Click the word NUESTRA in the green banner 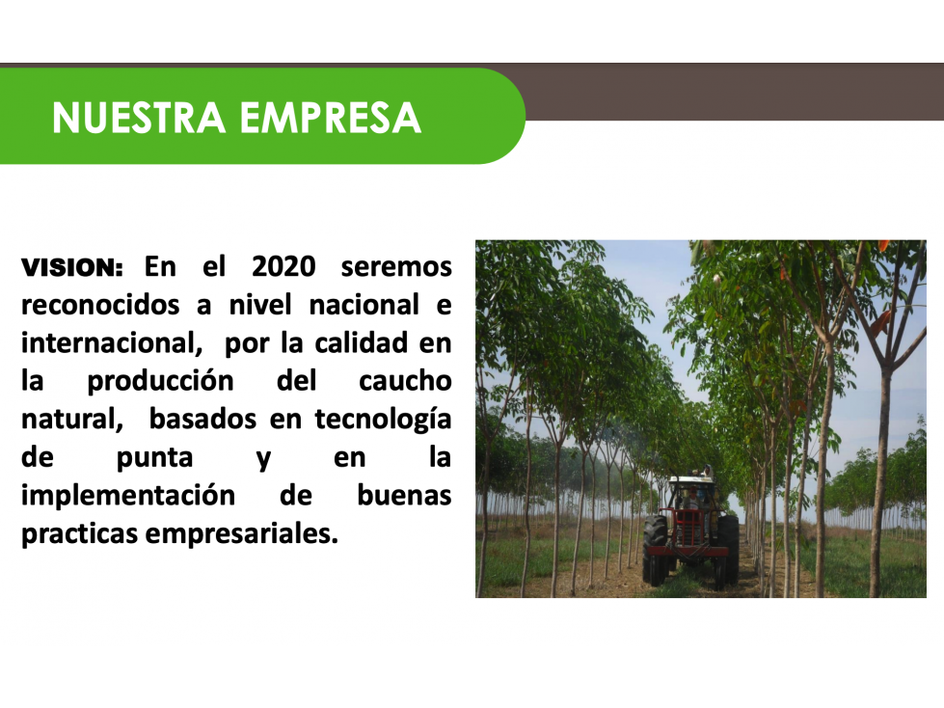click(x=139, y=118)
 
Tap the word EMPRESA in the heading click(x=331, y=118)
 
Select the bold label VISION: click(x=72, y=267)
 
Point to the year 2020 click(x=283, y=266)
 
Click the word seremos click(x=396, y=266)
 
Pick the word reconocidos click(x=100, y=305)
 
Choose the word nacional click(x=364, y=305)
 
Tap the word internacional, click(x=112, y=343)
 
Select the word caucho click(x=405, y=381)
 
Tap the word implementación click(x=128, y=496)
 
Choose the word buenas click(x=405, y=496)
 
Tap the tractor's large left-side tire click(x=655, y=549)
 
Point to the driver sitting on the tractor click(x=692, y=499)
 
